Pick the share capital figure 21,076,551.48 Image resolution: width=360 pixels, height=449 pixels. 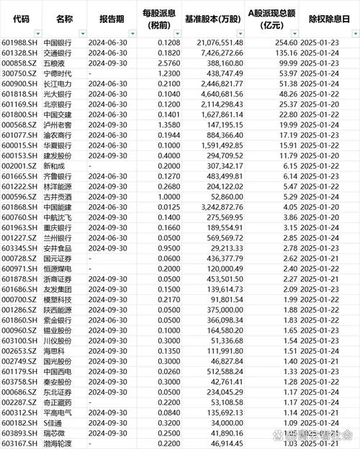click(216, 43)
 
